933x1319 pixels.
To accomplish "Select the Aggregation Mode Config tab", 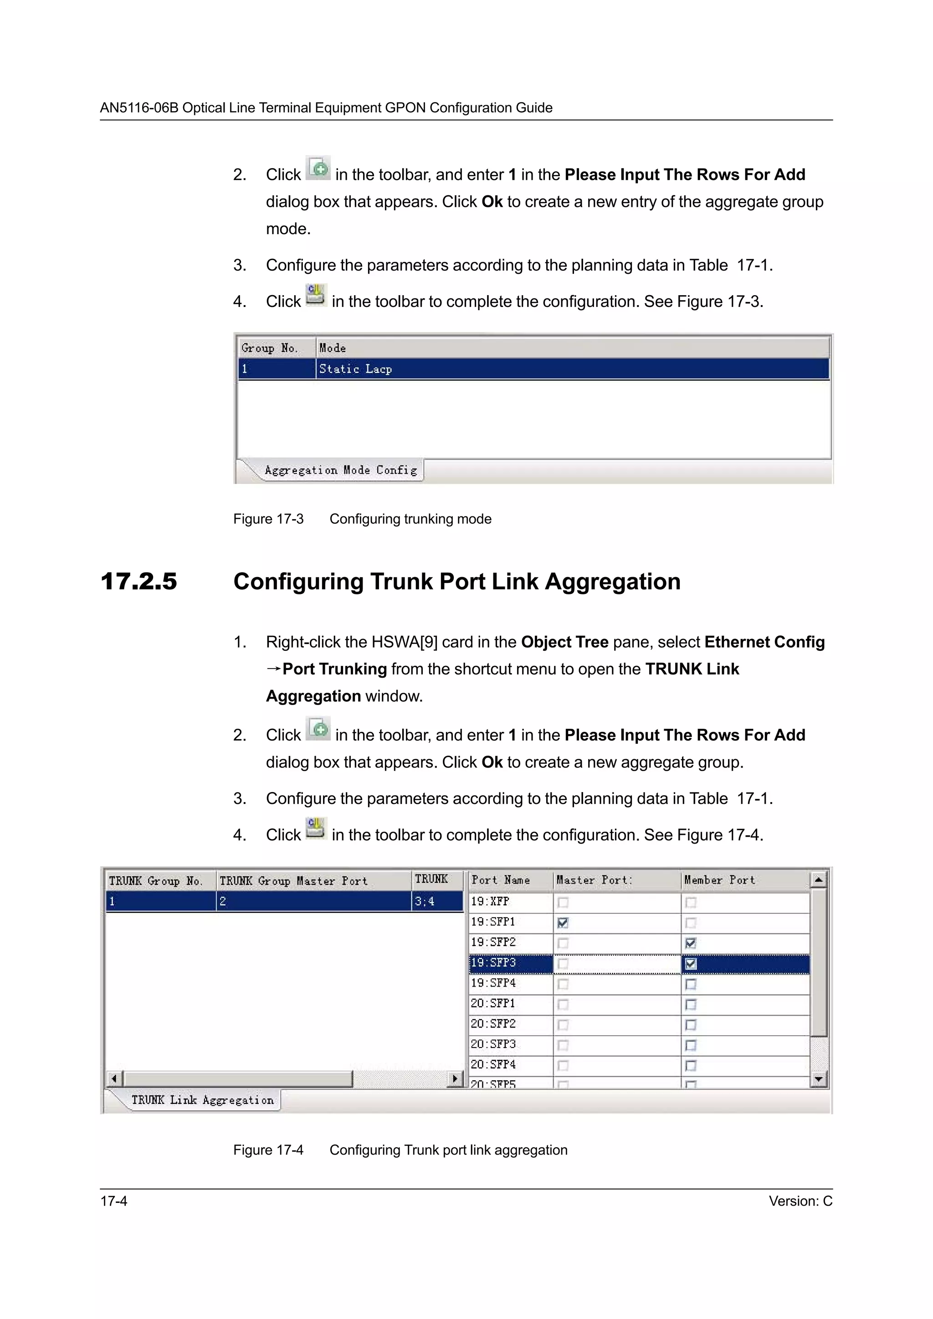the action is [340, 470].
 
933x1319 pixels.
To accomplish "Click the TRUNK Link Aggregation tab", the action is [202, 1099].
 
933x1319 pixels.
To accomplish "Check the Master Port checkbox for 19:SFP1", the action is [563, 923].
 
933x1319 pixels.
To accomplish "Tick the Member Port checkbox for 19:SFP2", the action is [691, 943].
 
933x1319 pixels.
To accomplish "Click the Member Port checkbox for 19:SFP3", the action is [691, 963].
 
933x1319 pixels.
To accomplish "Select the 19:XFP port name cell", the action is [490, 901].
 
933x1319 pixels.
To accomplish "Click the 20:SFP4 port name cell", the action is [493, 1064].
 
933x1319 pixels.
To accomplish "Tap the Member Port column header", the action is [719, 880].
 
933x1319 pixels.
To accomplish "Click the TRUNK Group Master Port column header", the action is [293, 881].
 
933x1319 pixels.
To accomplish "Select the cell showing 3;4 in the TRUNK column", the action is [425, 901].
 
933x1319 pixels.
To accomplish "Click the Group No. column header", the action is [269, 348].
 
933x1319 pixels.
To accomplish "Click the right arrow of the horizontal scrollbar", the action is [455, 1079].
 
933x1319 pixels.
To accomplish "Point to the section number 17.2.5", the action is [138, 581].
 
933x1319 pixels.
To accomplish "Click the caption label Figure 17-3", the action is [268, 519].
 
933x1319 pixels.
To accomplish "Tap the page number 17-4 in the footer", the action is [114, 1201].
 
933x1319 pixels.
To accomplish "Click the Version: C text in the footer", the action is [800, 1201].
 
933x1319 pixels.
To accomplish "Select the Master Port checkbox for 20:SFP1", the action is [563, 1004].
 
